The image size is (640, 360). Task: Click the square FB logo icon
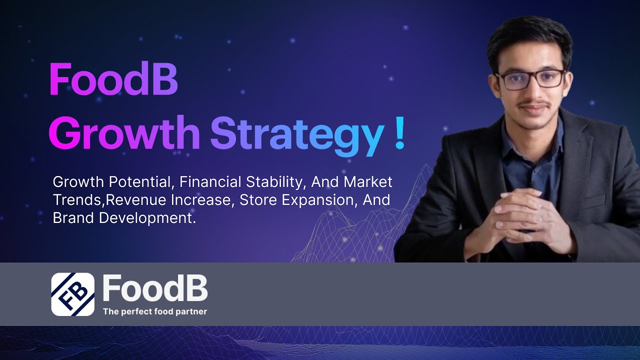point(72,294)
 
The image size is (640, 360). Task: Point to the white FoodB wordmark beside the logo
point(155,288)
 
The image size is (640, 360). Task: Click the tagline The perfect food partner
point(155,311)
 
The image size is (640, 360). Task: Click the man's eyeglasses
point(530,79)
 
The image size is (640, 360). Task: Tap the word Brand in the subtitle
point(68,218)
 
